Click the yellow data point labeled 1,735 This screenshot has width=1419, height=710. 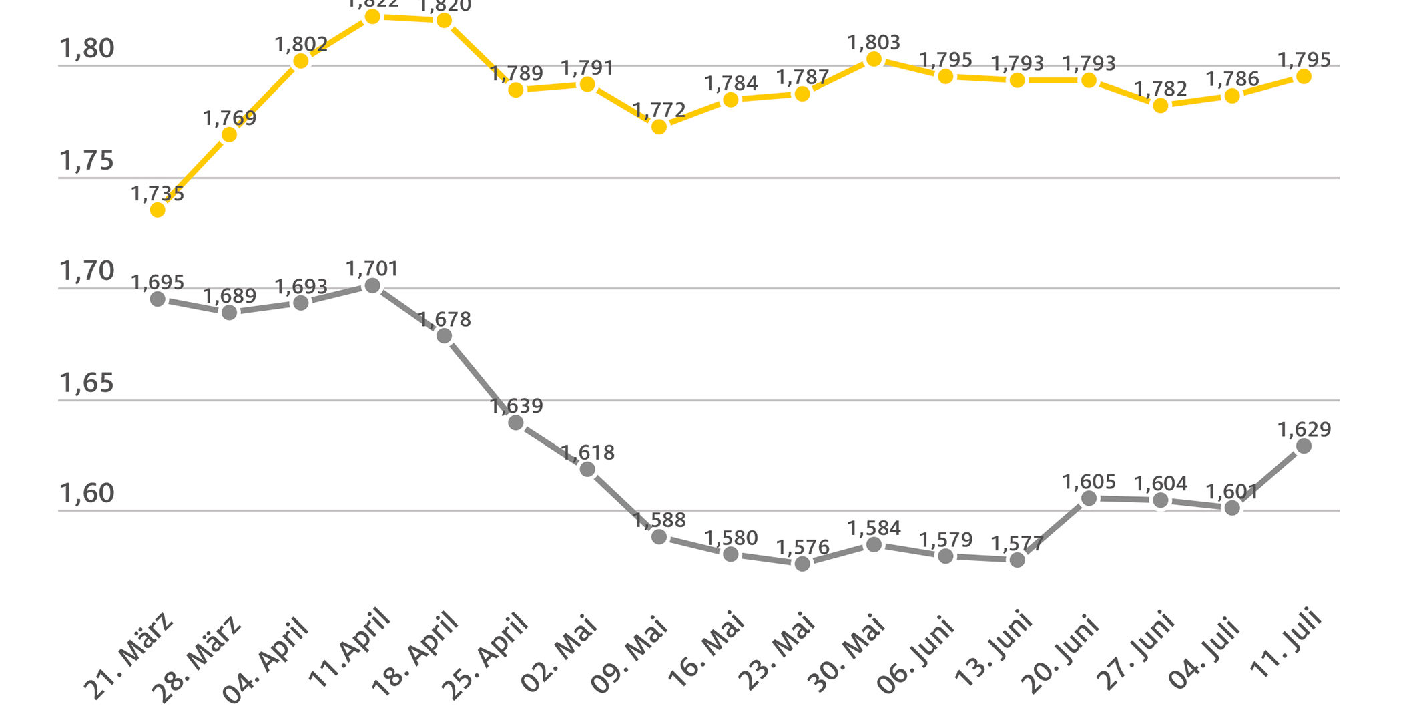158,210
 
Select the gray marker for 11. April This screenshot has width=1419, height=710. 372,286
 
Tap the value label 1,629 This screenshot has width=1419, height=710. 1304,429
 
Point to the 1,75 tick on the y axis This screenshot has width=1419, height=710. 87,161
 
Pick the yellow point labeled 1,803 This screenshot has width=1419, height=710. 874,59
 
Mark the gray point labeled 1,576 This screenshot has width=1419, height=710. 802,564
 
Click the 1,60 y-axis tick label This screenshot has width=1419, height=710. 87,493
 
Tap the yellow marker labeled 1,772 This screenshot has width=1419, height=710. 659,126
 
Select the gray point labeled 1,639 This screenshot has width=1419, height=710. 516,422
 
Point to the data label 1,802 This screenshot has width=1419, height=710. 301,45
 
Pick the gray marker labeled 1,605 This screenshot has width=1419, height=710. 1089,498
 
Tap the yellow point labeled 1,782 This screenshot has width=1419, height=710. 1160,105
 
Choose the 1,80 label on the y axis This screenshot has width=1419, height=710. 87,49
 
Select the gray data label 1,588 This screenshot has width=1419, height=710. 659,520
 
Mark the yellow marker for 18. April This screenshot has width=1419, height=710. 444,21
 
